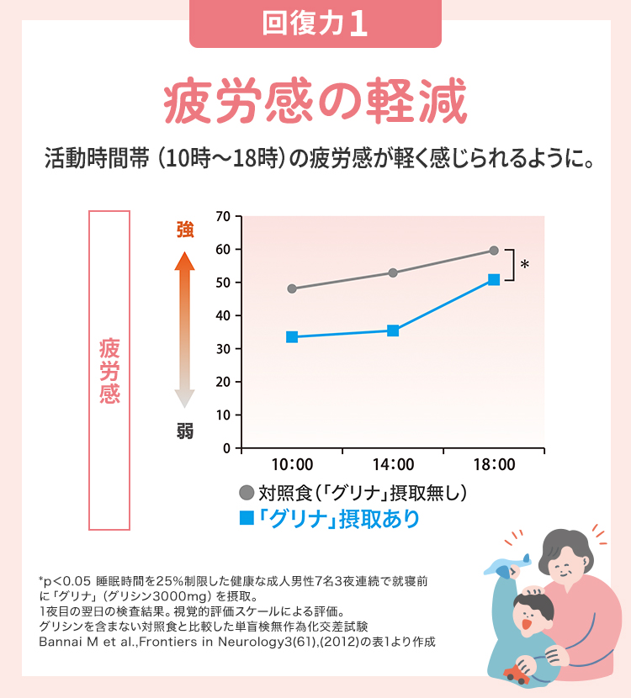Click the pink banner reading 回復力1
[315, 24]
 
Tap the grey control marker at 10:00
[292, 288]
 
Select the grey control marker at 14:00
[393, 272]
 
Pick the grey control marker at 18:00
[494, 251]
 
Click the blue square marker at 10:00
[292, 337]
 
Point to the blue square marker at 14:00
[393, 330]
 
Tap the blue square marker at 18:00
[494, 279]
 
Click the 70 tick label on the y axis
[222, 216]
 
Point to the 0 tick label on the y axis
[226, 448]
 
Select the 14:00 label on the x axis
[393, 465]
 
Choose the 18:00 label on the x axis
[494, 465]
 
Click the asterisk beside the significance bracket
[524, 266]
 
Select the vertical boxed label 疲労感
[109, 370]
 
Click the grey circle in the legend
[247, 493]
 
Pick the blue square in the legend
[247, 518]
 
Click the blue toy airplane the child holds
[512, 564]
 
